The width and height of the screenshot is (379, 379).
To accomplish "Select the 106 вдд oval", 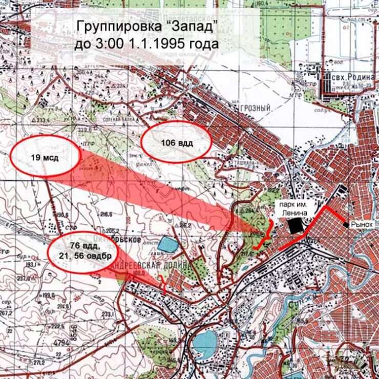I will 176,143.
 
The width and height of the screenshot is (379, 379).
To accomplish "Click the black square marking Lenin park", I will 294,226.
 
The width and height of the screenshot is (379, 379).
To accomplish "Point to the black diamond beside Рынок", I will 347,225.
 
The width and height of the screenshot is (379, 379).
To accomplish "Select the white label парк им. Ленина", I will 294,208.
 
